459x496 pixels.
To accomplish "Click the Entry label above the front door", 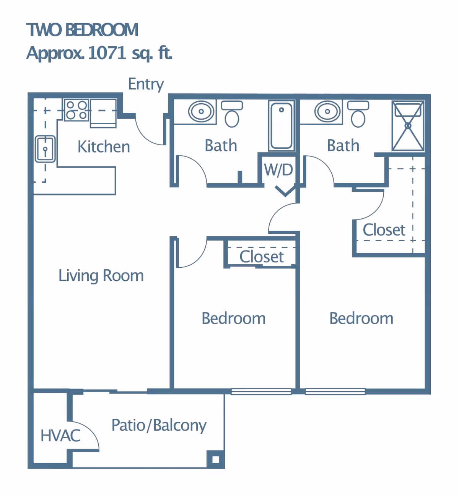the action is (x=146, y=85).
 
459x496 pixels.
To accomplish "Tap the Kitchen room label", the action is (x=104, y=146).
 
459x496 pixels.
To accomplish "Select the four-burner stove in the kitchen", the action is (x=76, y=110).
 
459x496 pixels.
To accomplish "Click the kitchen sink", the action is (x=45, y=149).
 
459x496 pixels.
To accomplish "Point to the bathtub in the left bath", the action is (x=282, y=126).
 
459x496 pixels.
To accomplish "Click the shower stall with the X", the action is (x=408, y=125).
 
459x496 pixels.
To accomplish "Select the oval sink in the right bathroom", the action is (x=327, y=111).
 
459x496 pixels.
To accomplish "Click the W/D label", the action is (x=278, y=170).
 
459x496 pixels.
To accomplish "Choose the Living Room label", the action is (x=101, y=276).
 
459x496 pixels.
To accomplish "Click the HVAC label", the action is (x=60, y=436).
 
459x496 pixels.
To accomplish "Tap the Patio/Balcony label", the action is (x=159, y=426).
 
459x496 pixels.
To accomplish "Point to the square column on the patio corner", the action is (x=215, y=459).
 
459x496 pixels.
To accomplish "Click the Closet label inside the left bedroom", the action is (x=262, y=257).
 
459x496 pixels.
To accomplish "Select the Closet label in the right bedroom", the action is (x=384, y=230).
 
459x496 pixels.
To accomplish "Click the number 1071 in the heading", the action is (x=107, y=53).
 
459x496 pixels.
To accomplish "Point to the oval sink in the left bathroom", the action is (x=201, y=111).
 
